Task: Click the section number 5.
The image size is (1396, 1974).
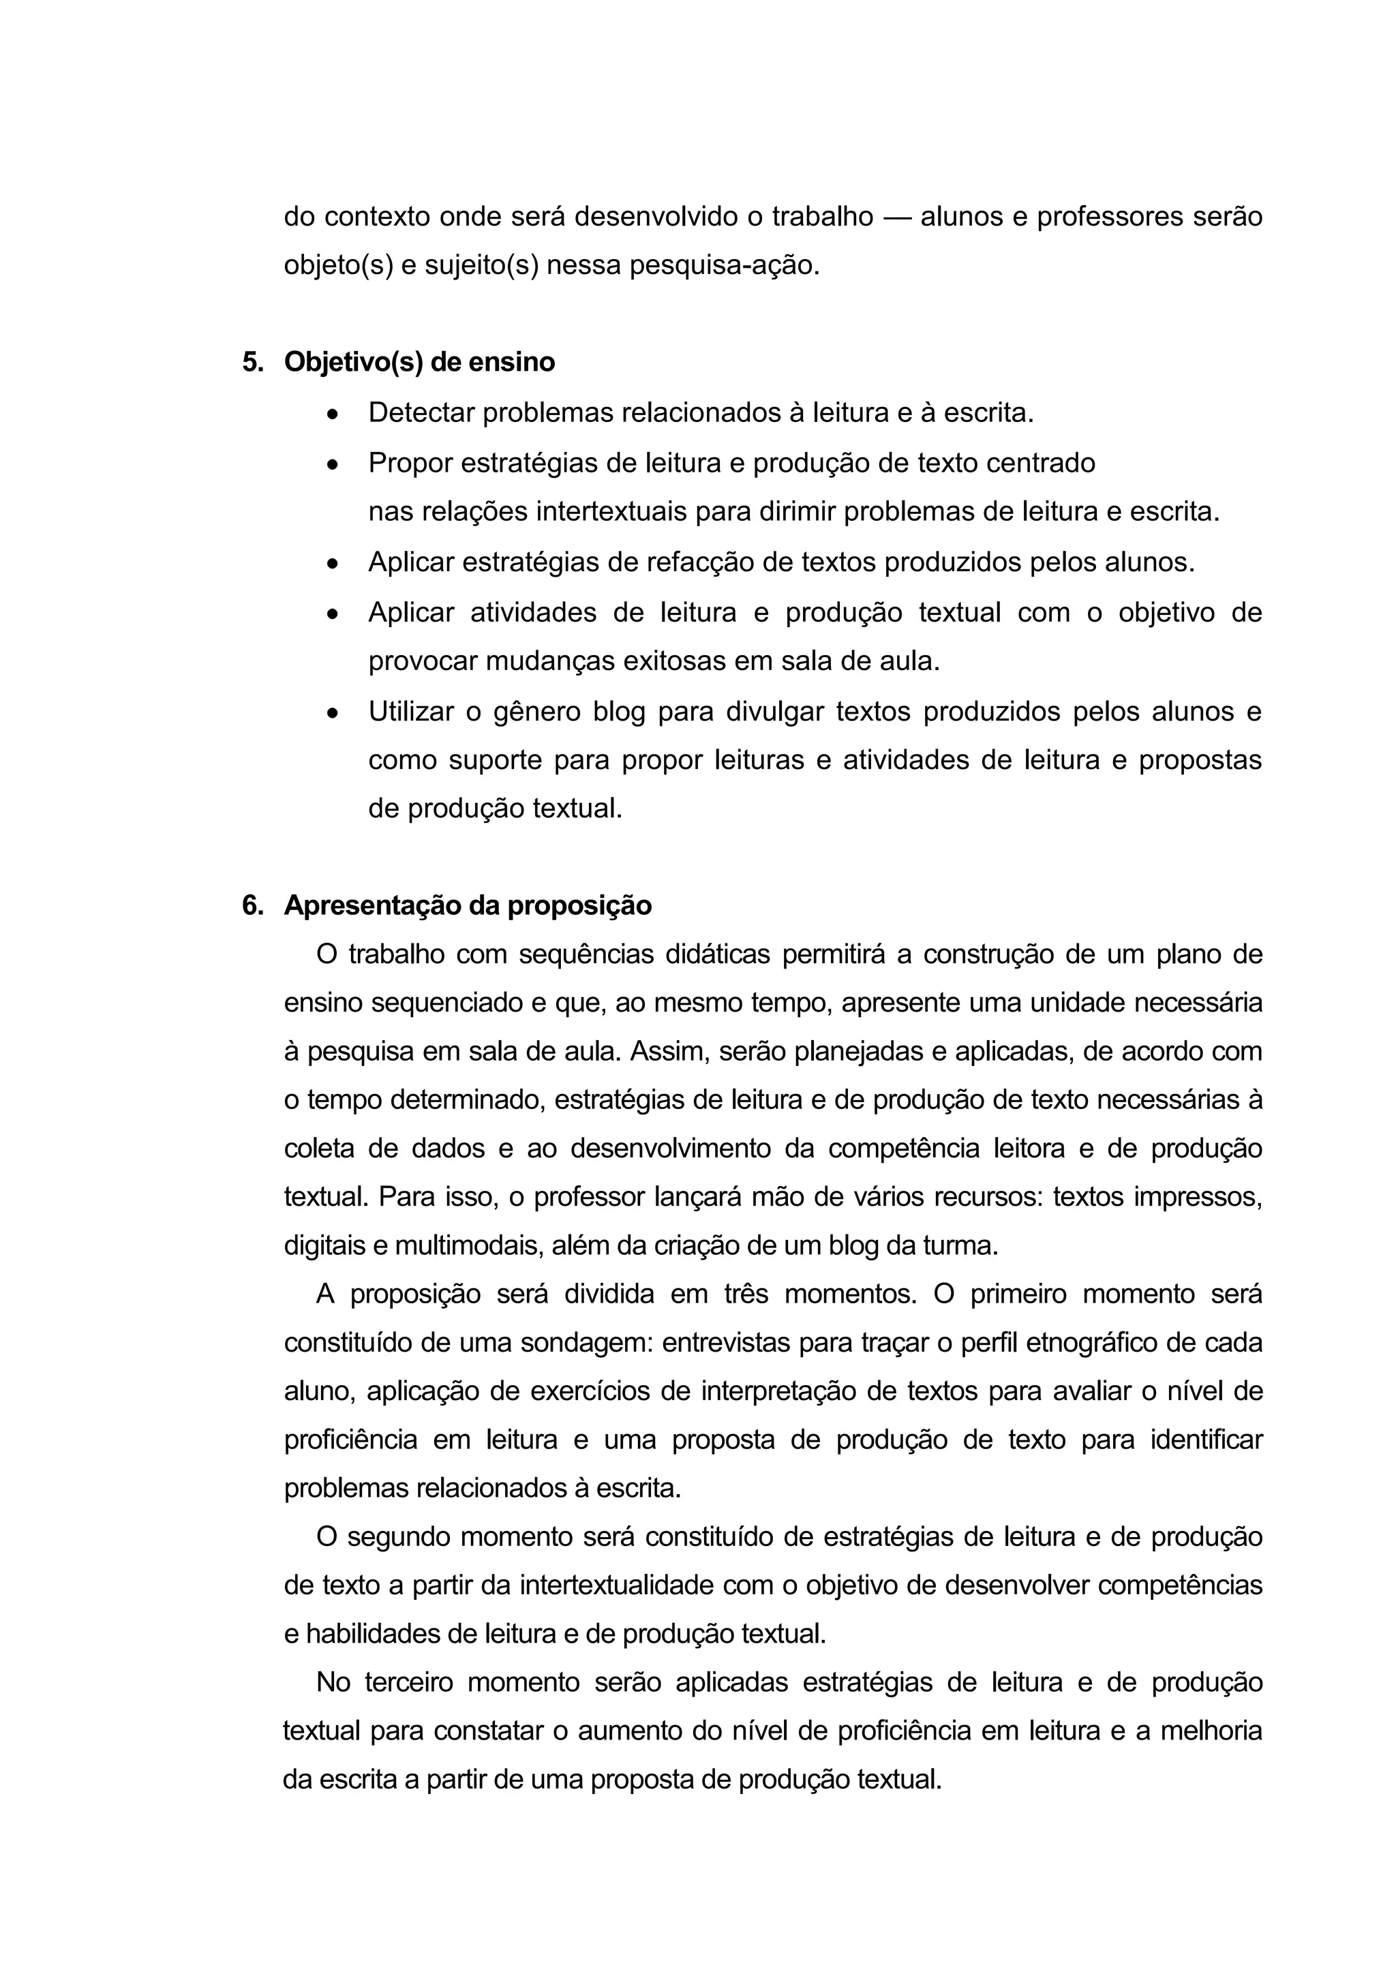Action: (x=252, y=362)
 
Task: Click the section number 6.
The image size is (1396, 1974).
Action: (x=252, y=905)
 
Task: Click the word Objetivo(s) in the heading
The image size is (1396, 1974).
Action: (x=353, y=362)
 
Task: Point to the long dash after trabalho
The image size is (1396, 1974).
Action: (x=896, y=217)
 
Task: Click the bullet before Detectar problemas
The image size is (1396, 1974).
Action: (x=333, y=414)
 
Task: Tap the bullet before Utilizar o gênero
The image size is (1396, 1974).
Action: (x=333, y=713)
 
